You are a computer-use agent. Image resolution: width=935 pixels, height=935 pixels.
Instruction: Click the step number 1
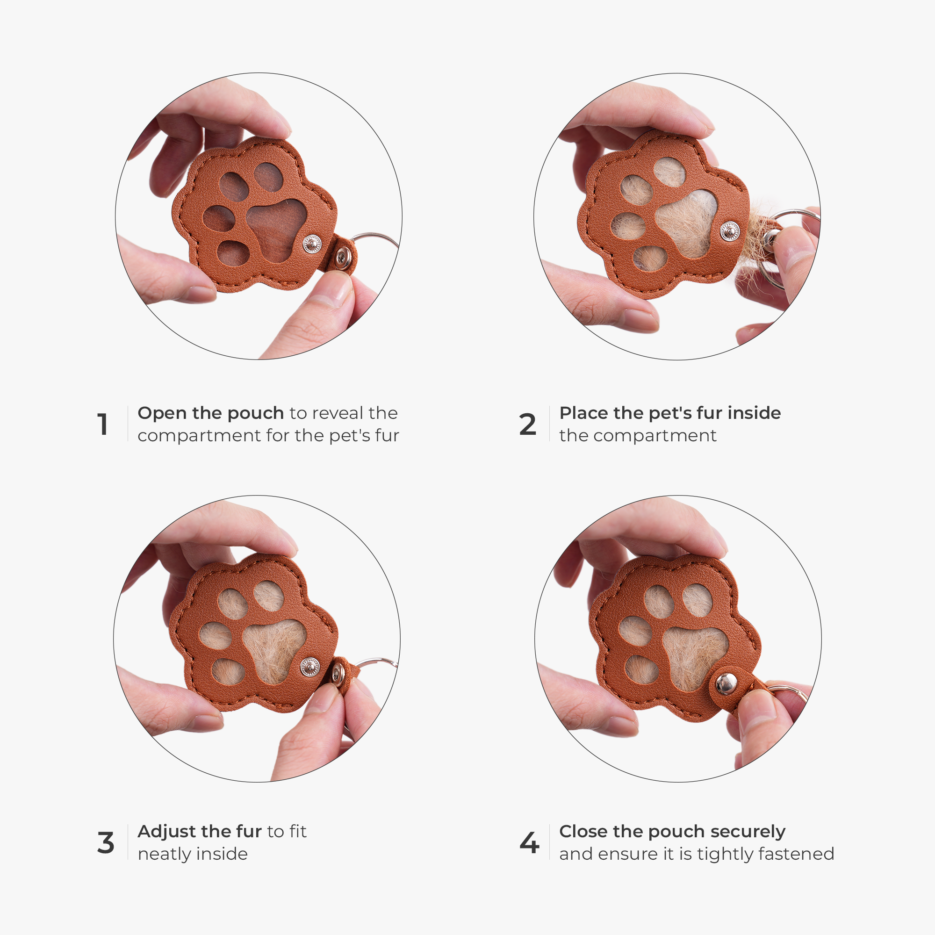click(102, 424)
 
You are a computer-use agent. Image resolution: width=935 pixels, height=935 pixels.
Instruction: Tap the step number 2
click(527, 424)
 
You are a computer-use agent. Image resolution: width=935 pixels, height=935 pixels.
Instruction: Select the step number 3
click(106, 842)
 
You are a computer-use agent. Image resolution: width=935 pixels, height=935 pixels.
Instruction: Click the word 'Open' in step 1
click(162, 413)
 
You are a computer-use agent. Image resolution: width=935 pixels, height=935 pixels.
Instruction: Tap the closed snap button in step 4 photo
click(726, 684)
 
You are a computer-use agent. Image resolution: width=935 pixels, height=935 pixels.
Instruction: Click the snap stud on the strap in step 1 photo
click(344, 256)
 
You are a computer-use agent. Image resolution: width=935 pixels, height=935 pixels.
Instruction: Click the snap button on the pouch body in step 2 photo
click(729, 231)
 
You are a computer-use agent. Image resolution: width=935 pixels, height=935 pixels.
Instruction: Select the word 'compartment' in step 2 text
click(655, 436)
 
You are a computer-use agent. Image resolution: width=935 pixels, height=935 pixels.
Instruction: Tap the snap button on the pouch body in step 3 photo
click(310, 667)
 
